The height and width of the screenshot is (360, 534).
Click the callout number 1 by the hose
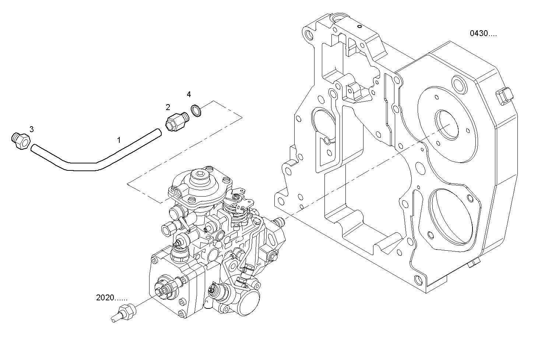point(119,140)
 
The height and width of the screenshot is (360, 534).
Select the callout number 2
point(168,107)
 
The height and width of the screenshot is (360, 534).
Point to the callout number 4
point(189,95)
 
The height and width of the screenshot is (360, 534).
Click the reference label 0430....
point(483,33)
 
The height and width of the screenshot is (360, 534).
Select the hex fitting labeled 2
point(175,121)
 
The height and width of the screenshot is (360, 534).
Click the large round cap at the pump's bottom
point(252,303)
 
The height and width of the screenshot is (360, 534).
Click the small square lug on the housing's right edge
point(504,95)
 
